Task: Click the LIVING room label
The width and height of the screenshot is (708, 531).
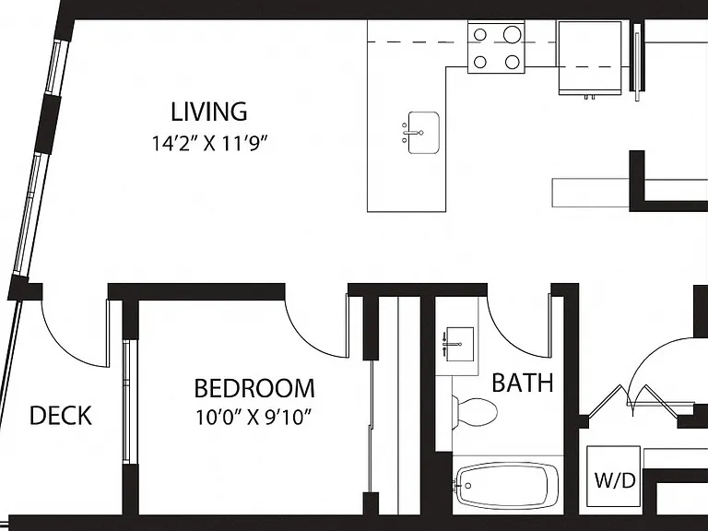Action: tap(209, 112)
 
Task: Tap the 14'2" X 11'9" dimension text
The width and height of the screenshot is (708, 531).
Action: tap(209, 144)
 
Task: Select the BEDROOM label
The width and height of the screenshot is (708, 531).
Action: tap(254, 388)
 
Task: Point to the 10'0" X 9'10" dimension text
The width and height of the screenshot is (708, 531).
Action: tap(254, 418)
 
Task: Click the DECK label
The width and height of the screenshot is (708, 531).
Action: tap(61, 416)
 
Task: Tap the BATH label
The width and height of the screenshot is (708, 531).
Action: tap(523, 383)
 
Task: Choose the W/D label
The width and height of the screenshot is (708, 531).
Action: tap(615, 480)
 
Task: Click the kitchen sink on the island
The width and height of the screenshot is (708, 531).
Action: tap(423, 133)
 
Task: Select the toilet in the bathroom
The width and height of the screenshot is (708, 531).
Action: tap(474, 411)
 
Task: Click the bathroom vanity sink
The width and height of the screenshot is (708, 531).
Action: tap(458, 344)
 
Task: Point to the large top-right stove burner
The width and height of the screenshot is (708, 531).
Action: tap(512, 34)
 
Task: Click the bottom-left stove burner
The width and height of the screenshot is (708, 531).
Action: tap(480, 62)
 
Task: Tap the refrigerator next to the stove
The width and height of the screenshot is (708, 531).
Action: tap(590, 58)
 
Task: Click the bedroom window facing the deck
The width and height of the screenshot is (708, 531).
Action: tap(127, 401)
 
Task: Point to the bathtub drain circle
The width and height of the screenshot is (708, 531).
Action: tap(467, 486)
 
